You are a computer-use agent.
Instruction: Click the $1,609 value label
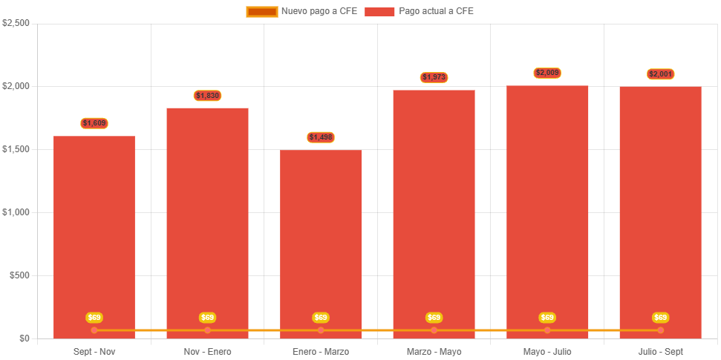[94, 123]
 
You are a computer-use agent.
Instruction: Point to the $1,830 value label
[208, 96]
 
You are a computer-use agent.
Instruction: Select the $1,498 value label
[321, 137]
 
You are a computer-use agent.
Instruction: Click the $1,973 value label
[434, 77]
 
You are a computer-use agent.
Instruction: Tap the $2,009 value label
[547, 73]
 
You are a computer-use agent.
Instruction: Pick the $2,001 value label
[661, 74]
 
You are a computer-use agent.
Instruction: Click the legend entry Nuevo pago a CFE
[302, 11]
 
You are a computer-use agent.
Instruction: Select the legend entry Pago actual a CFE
[420, 11]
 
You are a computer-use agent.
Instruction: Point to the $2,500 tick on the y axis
[16, 23]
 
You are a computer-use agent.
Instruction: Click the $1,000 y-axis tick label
[16, 212]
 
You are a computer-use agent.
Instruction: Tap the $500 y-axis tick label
[19, 275]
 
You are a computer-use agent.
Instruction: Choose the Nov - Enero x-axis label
[208, 351]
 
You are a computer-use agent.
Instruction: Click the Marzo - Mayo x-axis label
[434, 351]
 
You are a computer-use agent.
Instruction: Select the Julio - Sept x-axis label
[661, 351]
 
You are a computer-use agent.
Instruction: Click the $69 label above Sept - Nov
[94, 318]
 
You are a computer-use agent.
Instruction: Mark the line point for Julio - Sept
[661, 330]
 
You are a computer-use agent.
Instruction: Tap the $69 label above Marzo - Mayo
[434, 318]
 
